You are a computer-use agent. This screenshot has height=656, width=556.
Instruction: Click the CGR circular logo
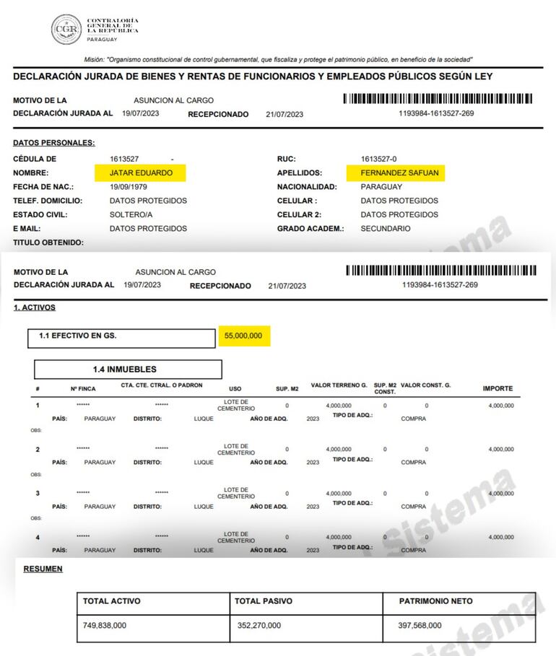(66, 30)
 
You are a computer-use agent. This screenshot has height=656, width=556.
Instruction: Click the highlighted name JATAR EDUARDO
(140, 173)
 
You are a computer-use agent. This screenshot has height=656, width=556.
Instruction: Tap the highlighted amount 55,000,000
(243, 336)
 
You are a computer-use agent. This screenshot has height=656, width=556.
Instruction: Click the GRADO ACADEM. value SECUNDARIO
(386, 229)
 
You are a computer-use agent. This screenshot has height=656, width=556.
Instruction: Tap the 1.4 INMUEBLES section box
(124, 369)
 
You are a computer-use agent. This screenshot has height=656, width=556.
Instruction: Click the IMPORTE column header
(498, 389)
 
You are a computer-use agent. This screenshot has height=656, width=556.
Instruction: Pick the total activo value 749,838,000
(105, 626)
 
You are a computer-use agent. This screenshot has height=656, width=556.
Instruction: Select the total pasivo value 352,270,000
(259, 626)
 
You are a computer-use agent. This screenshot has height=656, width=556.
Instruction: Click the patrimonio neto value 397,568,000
(420, 626)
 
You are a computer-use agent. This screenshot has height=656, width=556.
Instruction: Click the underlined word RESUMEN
(43, 569)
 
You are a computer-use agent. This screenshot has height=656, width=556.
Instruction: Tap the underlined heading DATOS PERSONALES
(54, 144)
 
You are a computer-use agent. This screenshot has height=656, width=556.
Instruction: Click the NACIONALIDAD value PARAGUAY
(381, 187)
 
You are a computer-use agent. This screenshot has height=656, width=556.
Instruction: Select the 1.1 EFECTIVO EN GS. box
(123, 337)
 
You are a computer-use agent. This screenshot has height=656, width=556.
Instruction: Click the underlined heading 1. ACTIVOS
(35, 308)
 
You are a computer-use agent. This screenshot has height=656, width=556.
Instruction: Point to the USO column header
(235, 389)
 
